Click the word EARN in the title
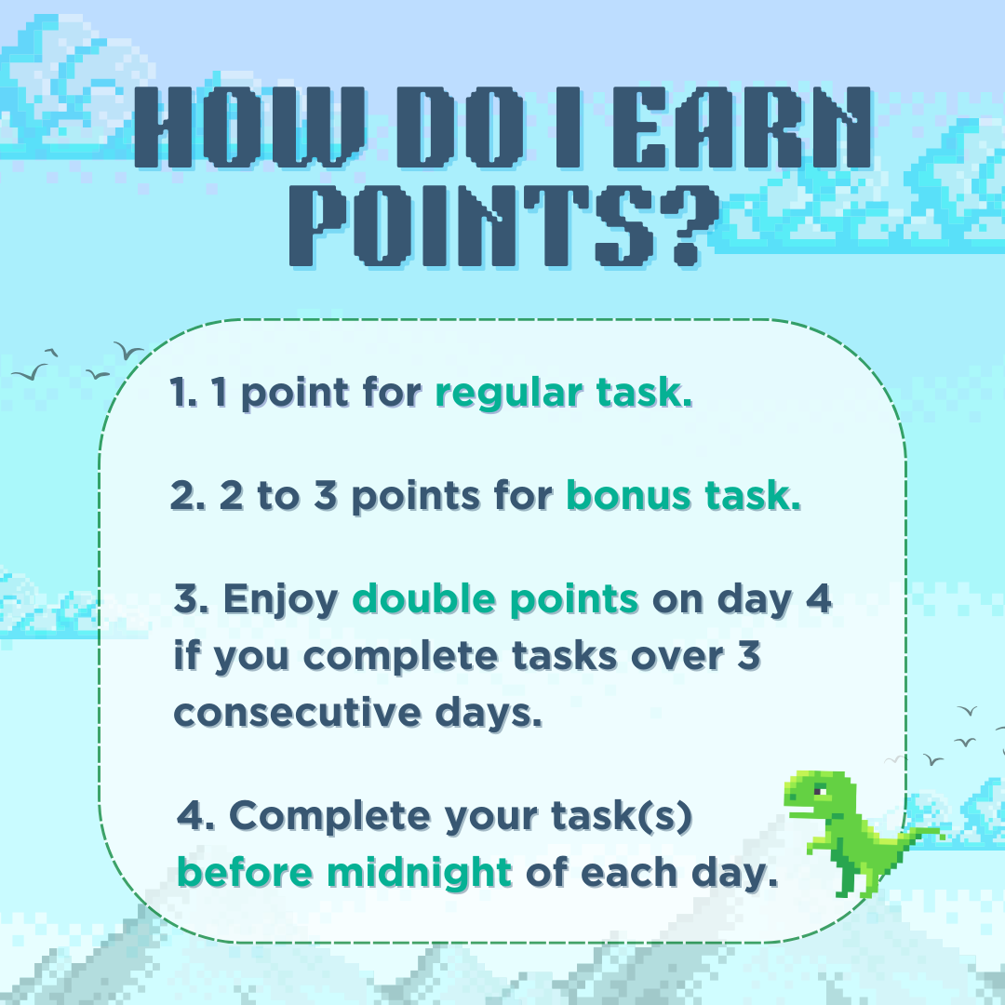coord(742,127)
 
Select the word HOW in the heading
coord(249,127)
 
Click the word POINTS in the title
coord(474,226)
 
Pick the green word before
coord(245,873)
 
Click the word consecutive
coord(297,713)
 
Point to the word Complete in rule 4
coord(329,817)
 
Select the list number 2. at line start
coord(188,496)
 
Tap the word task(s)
coord(622,817)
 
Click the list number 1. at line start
coord(183,393)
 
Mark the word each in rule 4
coord(629,873)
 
